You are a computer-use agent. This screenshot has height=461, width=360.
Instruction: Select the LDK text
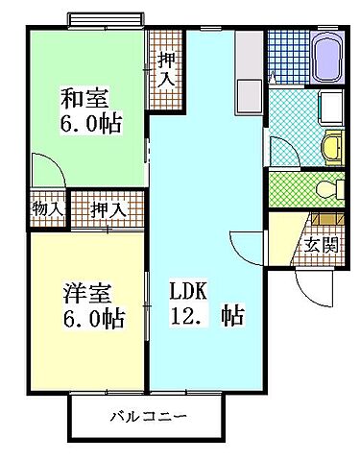click(x=188, y=290)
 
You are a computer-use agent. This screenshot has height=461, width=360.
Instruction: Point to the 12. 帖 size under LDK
click(x=205, y=315)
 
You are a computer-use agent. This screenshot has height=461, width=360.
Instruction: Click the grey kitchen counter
click(x=248, y=78)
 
